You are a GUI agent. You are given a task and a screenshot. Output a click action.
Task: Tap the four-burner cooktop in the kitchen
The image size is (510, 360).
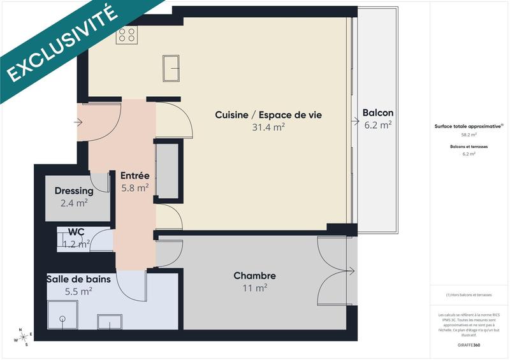click(x=126, y=34)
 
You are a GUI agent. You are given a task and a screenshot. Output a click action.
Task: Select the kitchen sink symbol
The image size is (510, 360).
click(x=171, y=68)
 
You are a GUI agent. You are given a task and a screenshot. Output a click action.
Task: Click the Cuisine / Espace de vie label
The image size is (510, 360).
click(x=268, y=115)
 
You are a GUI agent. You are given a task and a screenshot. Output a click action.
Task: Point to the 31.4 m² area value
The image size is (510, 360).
click(x=268, y=127)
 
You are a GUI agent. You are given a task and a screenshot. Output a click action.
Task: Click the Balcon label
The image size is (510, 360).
click(x=377, y=113)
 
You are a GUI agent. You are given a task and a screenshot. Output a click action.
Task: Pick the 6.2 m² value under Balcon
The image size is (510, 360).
click(x=377, y=125)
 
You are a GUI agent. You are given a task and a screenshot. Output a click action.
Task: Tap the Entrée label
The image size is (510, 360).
click(x=135, y=175)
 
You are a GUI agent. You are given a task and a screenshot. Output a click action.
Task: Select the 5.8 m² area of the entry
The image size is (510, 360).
click(x=135, y=188)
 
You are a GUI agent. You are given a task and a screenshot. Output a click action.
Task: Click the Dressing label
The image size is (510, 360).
click(x=74, y=191)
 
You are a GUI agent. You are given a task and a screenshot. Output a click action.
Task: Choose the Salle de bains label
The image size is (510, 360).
click(x=78, y=278)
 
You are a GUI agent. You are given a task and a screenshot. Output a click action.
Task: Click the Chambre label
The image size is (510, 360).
click(x=254, y=276)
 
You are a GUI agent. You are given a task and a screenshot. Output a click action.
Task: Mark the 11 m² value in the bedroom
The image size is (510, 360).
click(x=254, y=288)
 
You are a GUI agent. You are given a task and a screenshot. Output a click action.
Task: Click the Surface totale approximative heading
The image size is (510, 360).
click(x=468, y=126)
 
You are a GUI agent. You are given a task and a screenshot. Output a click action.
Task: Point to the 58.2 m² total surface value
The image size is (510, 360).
click(x=469, y=135)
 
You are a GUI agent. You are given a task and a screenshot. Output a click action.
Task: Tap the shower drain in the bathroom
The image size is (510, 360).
click(x=62, y=318)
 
